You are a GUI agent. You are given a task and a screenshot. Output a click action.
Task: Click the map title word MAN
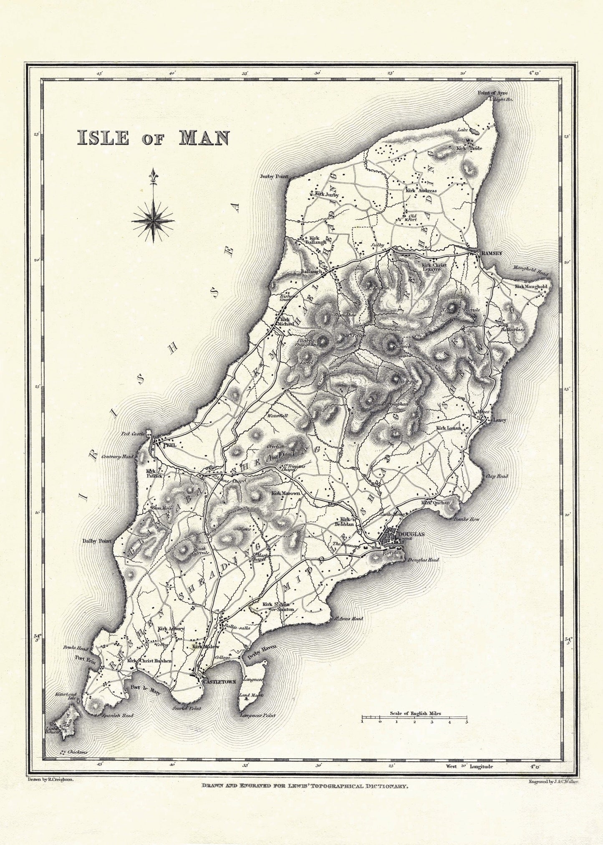pos(203,138)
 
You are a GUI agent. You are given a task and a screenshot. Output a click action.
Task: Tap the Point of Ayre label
pos(493,93)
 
